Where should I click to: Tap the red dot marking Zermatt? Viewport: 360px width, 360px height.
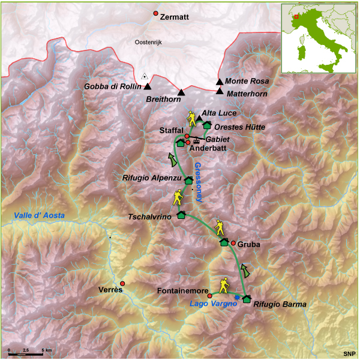point(156,13)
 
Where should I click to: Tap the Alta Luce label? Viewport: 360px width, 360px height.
point(219,113)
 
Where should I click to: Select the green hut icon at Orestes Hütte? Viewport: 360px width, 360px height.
point(207,125)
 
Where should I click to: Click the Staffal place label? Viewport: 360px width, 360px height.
point(171,130)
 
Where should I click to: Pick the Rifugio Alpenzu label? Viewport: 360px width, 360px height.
point(154,178)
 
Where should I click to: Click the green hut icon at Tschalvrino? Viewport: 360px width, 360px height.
point(181,215)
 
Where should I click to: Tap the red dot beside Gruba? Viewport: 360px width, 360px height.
point(233,243)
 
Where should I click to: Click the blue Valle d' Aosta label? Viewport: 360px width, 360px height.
point(40,215)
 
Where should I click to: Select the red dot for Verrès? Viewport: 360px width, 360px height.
point(122,283)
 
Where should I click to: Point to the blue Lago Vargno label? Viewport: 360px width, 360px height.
point(209,304)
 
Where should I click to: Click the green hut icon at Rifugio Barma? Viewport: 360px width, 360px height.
point(246,299)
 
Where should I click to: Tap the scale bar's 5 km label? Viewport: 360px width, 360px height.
point(46,349)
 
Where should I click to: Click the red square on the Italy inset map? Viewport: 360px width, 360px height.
point(296,17)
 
